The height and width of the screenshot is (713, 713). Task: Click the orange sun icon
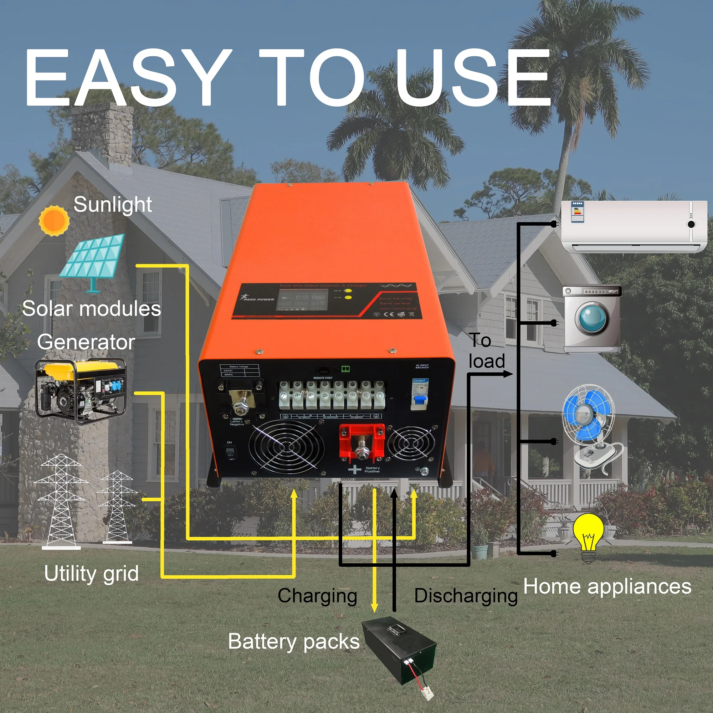[x=54, y=220]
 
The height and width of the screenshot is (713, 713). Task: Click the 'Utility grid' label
[x=91, y=573]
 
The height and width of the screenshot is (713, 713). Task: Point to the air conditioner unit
[x=633, y=226]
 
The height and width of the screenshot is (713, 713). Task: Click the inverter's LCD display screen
[x=302, y=300]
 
